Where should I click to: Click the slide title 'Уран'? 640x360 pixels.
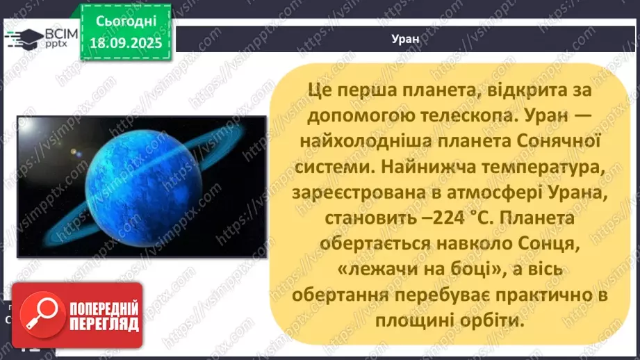[405, 39]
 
